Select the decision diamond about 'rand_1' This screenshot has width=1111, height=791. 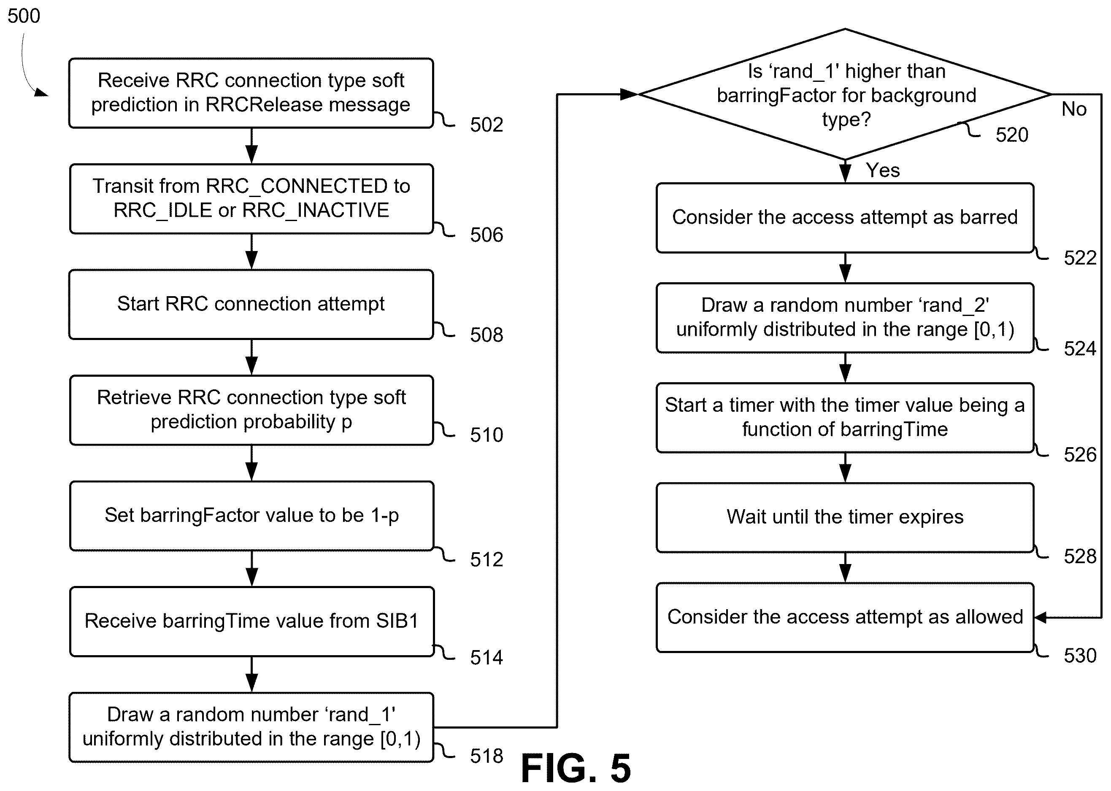(845, 94)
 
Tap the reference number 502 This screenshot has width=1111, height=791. (486, 125)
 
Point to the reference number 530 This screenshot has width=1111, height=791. (1080, 656)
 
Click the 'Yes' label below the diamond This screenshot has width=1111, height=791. (883, 170)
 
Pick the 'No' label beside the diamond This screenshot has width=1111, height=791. (1074, 109)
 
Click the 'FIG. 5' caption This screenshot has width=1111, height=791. (576, 768)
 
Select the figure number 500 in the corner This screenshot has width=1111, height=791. (24, 16)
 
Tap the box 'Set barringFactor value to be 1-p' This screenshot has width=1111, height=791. (251, 516)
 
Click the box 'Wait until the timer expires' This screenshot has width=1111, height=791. (845, 517)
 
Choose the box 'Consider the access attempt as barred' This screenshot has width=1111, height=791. (845, 218)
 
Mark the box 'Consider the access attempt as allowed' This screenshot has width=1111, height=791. (845, 618)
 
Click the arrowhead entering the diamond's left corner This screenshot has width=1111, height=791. (629, 94)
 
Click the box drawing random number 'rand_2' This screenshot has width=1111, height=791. (845, 318)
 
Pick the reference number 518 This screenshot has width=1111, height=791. (486, 756)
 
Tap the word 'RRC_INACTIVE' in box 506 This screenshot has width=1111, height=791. (316, 211)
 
